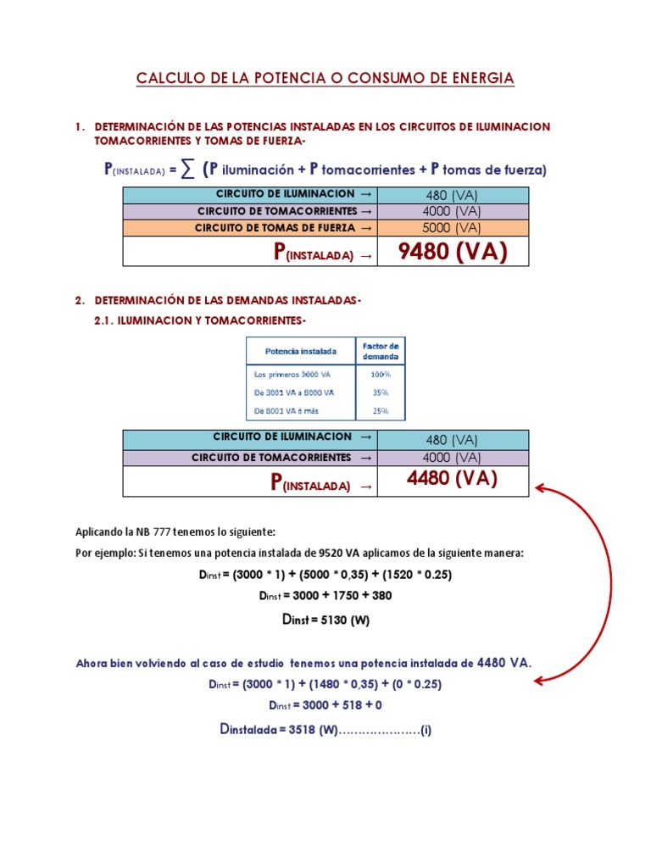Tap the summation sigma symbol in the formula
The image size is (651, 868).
(x=186, y=170)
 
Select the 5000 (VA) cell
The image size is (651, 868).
(x=452, y=227)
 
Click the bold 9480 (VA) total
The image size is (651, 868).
(x=452, y=252)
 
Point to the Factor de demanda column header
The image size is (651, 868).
(x=380, y=351)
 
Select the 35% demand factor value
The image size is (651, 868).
(x=380, y=392)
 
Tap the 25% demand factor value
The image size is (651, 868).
(x=380, y=411)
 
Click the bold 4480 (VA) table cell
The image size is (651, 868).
(x=452, y=480)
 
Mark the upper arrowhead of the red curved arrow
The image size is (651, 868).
(x=540, y=488)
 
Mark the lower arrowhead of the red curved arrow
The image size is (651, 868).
(x=540, y=678)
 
